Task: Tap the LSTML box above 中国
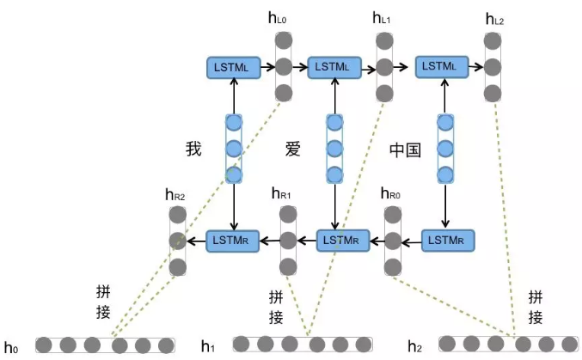click(442, 66)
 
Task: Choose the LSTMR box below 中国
click(445, 239)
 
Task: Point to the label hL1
click(381, 17)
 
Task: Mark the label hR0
click(389, 195)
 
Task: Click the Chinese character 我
click(193, 149)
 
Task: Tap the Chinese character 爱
click(294, 149)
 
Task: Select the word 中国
click(405, 149)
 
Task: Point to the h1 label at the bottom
click(208, 345)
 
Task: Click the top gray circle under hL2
click(492, 40)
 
